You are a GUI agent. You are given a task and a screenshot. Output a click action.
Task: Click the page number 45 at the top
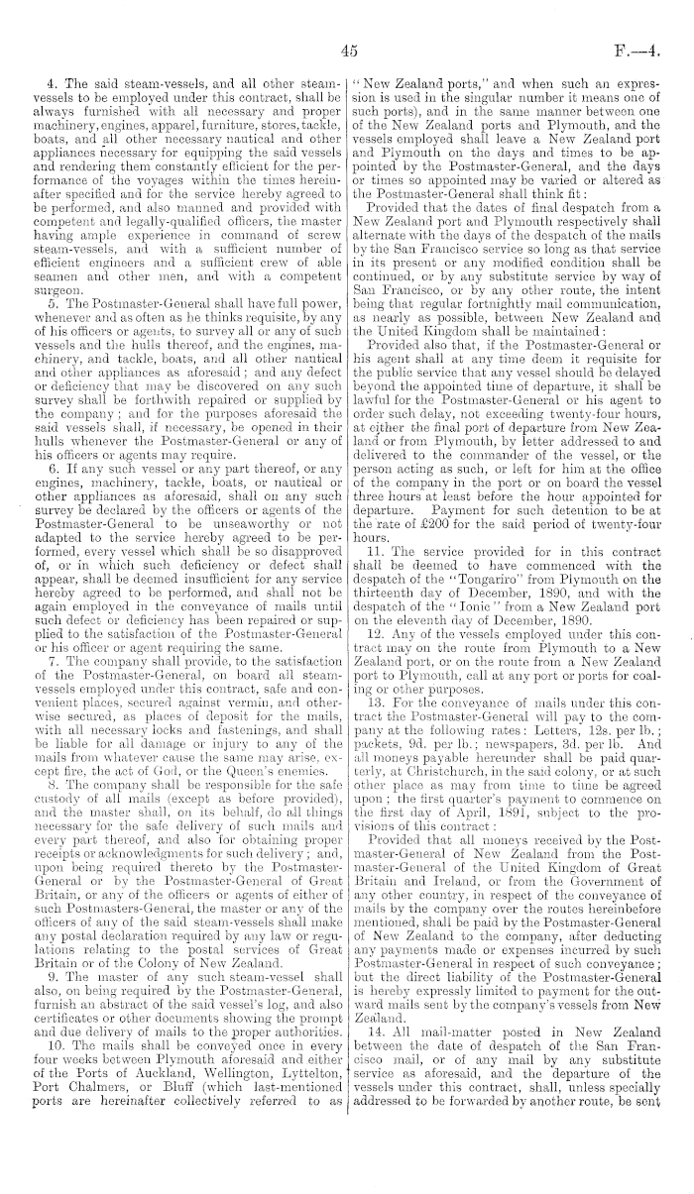coord(347,52)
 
